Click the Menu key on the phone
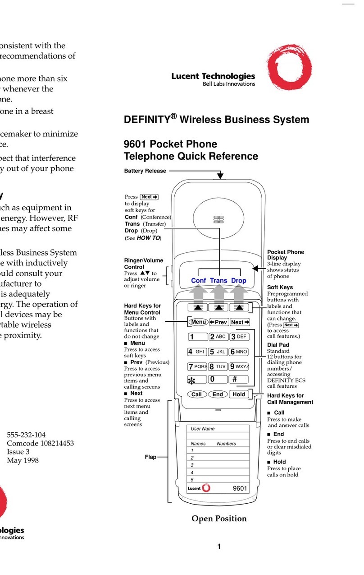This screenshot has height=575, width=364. click(198, 322)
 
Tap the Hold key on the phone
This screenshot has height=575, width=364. click(239, 394)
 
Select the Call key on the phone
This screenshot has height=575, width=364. click(196, 394)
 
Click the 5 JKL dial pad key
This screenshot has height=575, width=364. click(218, 352)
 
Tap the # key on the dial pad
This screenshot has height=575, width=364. click(239, 379)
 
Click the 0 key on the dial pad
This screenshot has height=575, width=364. click(218, 379)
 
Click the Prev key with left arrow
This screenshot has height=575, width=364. click(218, 322)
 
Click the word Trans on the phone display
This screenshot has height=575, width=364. click(218, 280)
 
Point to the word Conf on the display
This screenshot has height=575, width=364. click(198, 280)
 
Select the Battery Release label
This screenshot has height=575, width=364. click(145, 171)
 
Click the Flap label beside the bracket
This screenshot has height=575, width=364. click(150, 457)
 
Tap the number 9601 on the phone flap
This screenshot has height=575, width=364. click(240, 488)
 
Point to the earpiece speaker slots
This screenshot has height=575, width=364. click(219, 219)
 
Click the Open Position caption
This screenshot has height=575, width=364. click(219, 519)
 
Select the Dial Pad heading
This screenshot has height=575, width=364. click(278, 344)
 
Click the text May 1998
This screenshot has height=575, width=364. click(23, 460)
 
